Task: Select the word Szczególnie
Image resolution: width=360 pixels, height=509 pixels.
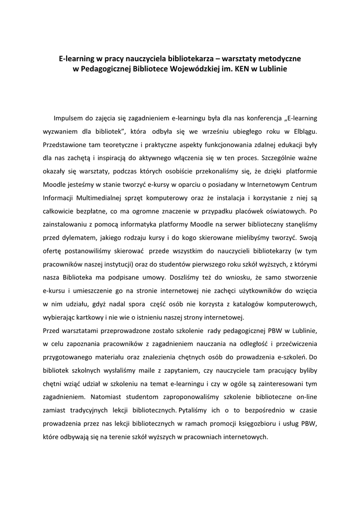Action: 279,158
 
